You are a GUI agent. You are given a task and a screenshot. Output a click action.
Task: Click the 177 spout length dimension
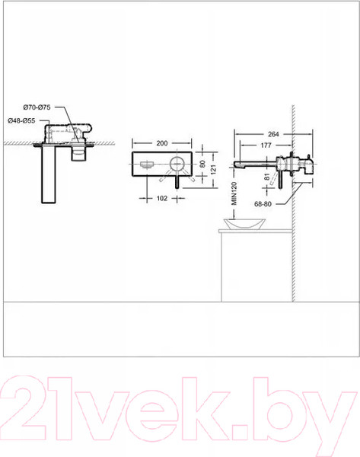coord(266,145)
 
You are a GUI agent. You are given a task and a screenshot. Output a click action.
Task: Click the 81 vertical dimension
coord(267,180)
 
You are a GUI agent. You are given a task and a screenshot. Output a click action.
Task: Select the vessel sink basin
coord(241,225)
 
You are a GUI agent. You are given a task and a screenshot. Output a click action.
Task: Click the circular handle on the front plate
coord(177,164)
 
